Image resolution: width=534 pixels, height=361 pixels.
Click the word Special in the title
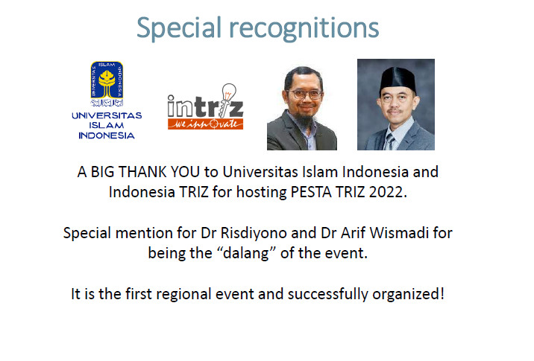point(179,28)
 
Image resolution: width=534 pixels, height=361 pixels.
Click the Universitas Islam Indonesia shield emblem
point(107,83)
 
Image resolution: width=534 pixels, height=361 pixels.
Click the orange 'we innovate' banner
point(205,124)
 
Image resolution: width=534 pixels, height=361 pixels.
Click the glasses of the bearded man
point(306,95)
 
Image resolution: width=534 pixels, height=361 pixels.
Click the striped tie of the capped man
point(389,142)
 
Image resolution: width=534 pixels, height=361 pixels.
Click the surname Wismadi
point(399,233)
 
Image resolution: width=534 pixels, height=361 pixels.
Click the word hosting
point(262,193)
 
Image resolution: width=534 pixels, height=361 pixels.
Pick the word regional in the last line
point(183,294)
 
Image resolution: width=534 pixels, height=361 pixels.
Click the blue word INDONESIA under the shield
point(107,135)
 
